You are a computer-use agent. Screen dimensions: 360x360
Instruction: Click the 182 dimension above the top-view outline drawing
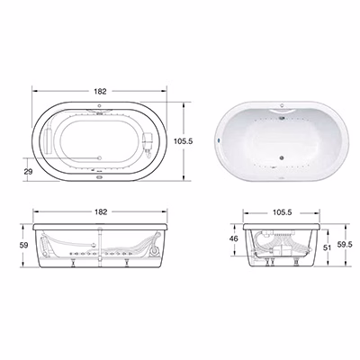100,91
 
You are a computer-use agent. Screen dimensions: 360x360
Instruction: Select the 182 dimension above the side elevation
101,211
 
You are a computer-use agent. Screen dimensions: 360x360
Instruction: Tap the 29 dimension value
28,172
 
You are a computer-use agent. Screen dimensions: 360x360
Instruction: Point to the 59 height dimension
23,245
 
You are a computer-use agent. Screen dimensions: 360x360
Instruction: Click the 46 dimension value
234,238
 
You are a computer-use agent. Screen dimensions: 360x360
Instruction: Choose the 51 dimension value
328,247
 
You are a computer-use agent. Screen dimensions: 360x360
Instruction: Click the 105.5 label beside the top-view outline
184,141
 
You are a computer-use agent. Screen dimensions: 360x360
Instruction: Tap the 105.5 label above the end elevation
282,212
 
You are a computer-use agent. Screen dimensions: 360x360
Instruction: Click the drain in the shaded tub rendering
282,157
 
